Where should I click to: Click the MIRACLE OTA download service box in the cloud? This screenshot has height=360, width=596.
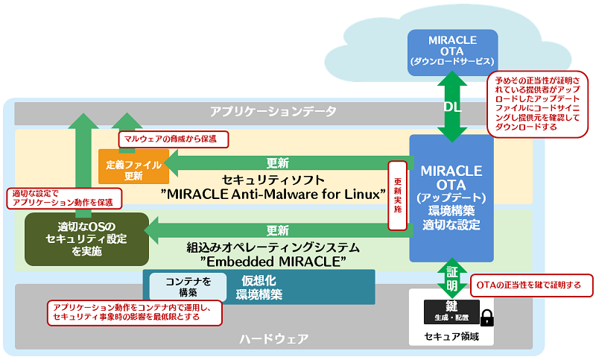click(x=452, y=52)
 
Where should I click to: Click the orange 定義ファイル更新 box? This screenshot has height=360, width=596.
click(x=133, y=165)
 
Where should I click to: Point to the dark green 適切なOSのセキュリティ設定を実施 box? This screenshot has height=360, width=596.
click(x=86, y=239)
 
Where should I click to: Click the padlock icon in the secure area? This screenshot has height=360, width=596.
click(x=487, y=318)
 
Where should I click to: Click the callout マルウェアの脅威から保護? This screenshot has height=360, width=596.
click(x=172, y=139)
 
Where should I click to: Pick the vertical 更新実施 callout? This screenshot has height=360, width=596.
click(x=396, y=195)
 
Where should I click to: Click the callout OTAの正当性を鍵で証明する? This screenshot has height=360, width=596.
click(x=531, y=285)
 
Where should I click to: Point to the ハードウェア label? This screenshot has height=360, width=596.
click(x=273, y=339)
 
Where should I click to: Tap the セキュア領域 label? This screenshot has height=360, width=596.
click(x=451, y=336)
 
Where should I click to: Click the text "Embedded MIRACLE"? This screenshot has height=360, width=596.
click(x=276, y=261)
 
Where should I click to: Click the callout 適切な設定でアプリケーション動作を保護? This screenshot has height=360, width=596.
click(x=63, y=197)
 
